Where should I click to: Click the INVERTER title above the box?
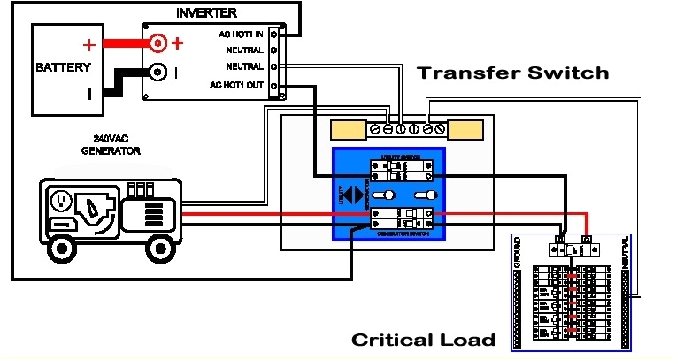[x=206, y=13]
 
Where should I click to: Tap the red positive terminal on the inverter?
[x=157, y=42]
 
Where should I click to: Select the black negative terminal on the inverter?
[x=157, y=73]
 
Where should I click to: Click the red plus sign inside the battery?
[x=88, y=44]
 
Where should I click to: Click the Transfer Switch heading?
[x=513, y=73]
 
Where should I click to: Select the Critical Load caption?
[x=423, y=341]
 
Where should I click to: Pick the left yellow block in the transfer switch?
[x=349, y=131]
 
